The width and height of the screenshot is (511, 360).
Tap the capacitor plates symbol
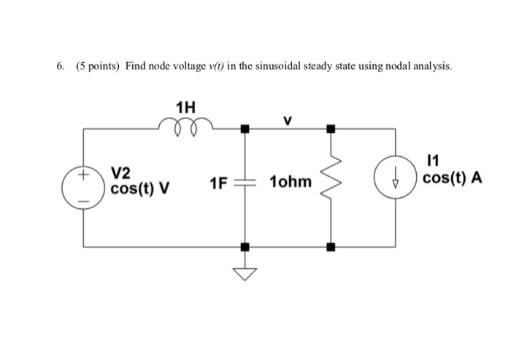[x=245, y=185]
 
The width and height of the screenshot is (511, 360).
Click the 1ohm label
[x=291, y=180]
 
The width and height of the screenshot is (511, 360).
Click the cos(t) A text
[x=453, y=180]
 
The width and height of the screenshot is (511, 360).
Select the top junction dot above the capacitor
[x=245, y=129]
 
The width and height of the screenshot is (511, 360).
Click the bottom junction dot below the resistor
[x=331, y=247]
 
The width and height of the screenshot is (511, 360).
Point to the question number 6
[x=59, y=66]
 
